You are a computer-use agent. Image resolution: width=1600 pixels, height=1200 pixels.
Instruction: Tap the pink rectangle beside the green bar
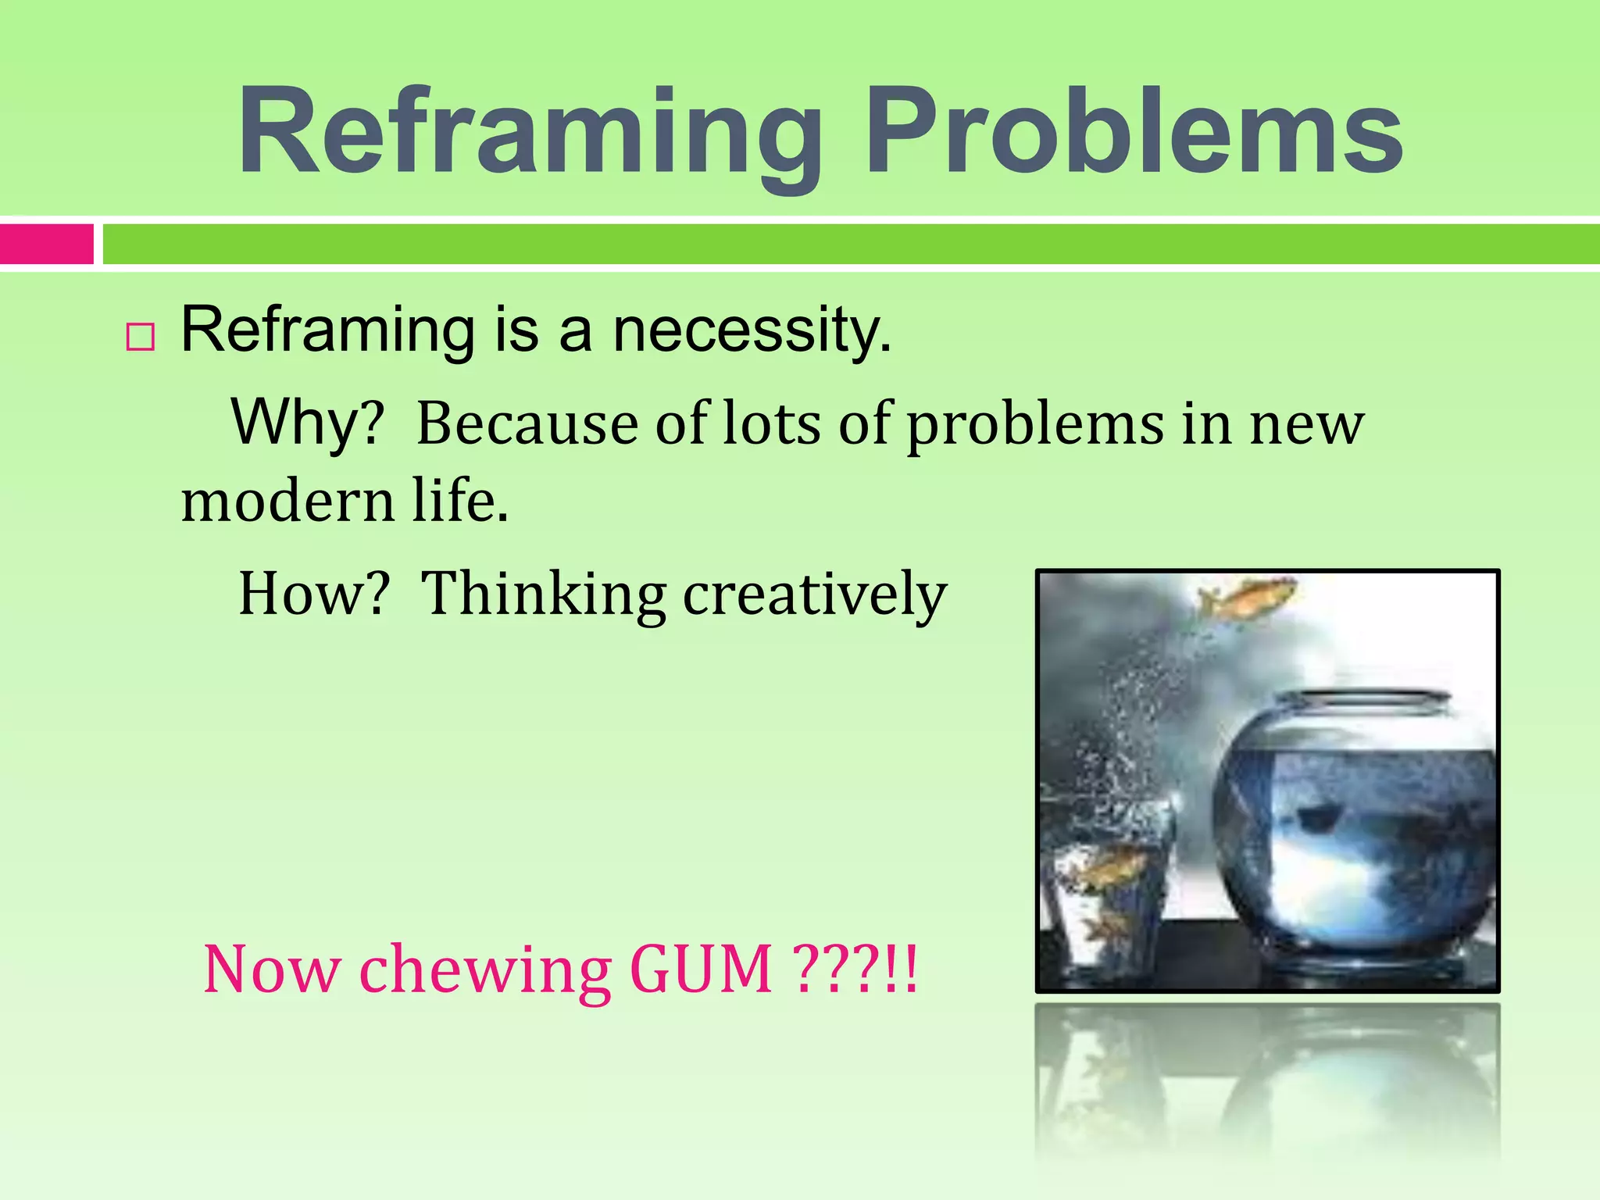pyautogui.click(x=47, y=244)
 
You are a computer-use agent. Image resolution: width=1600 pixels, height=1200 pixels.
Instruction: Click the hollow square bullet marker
pyautogui.click(x=141, y=337)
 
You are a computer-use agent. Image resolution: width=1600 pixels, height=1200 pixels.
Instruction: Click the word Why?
pyautogui.click(x=308, y=423)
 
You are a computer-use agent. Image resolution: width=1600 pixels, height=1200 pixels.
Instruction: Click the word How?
pyautogui.click(x=313, y=595)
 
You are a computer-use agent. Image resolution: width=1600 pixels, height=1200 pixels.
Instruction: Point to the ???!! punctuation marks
pyautogui.click(x=855, y=970)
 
